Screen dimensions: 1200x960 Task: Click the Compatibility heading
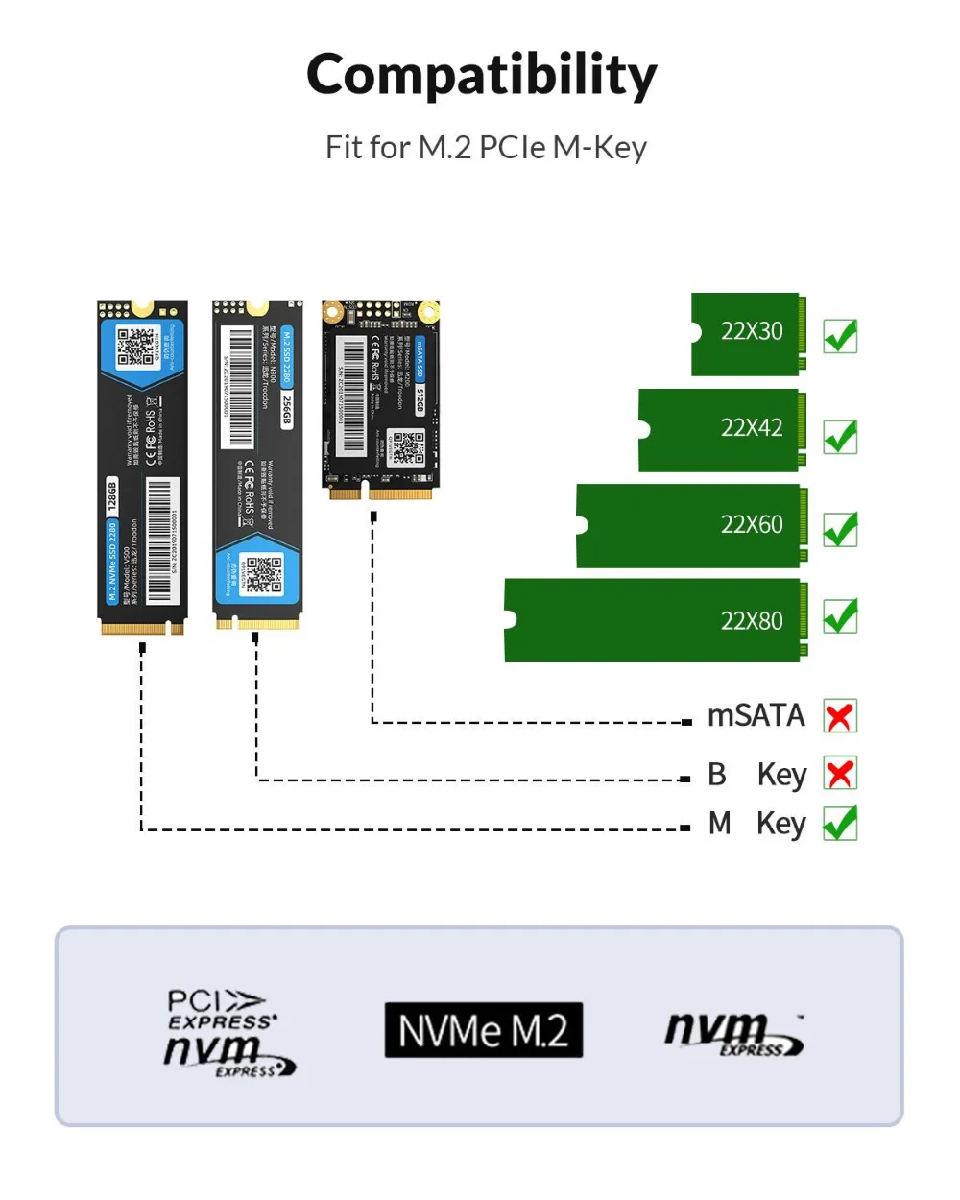click(481, 75)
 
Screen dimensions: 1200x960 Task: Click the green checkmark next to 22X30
click(840, 336)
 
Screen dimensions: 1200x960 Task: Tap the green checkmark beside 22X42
click(840, 437)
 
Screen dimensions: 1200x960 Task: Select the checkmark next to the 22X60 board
click(840, 529)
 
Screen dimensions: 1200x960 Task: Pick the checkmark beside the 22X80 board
click(840, 615)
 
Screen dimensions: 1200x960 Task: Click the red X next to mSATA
click(840, 716)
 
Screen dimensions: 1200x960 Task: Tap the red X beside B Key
click(840, 774)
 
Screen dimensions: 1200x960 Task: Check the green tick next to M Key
click(840, 824)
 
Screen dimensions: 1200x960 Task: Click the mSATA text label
click(756, 716)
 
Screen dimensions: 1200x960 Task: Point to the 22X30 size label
click(752, 331)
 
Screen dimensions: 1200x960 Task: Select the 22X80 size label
click(752, 621)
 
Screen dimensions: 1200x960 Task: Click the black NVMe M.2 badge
click(484, 1031)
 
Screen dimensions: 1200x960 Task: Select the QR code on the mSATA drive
click(407, 447)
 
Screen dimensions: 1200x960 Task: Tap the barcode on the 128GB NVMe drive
click(159, 540)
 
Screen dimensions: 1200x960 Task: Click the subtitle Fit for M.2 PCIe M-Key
click(486, 148)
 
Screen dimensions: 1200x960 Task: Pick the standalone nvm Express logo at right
click(734, 1035)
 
